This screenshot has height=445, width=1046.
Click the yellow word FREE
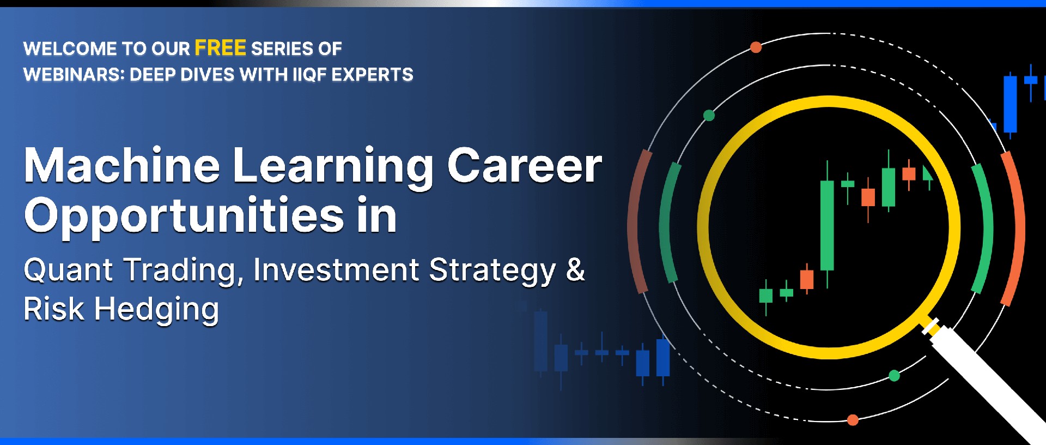(220, 48)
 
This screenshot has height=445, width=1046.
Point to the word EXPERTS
(372, 74)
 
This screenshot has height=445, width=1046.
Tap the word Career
(525, 166)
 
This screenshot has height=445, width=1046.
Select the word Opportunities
(184, 217)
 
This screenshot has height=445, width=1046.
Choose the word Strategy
(492, 271)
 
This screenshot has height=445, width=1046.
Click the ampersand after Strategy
(575, 269)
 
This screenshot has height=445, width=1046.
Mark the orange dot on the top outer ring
(756, 47)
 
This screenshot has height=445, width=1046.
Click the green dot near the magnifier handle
(894, 375)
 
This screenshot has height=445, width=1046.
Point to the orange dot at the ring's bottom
(853, 420)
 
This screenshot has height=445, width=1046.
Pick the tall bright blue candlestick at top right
(1010, 104)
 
